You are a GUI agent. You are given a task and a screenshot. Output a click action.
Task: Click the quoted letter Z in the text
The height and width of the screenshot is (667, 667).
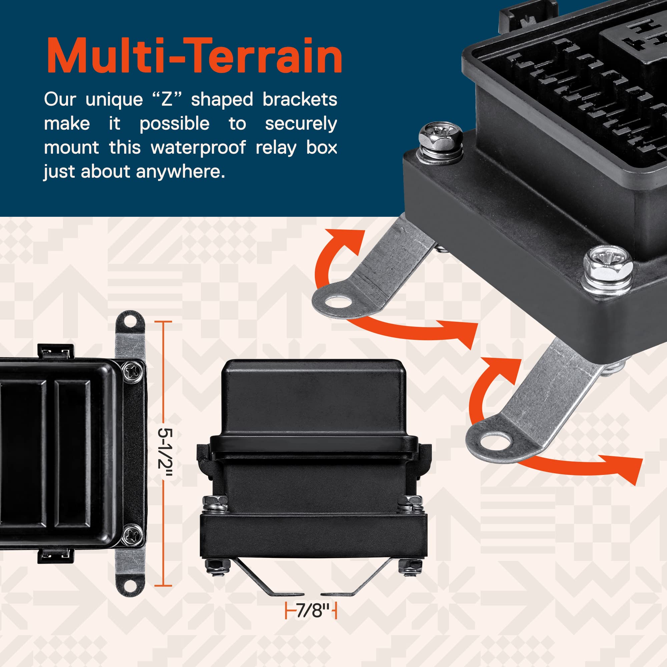tap(167, 99)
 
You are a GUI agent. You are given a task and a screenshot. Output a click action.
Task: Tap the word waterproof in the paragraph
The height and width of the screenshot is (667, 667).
tap(198, 147)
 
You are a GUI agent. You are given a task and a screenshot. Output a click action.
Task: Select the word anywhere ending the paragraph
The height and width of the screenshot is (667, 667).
tap(180, 171)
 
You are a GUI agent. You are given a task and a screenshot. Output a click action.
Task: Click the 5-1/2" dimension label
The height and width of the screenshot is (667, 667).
tap(165, 453)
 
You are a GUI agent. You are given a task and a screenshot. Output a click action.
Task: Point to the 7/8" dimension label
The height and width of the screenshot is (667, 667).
tap(310, 611)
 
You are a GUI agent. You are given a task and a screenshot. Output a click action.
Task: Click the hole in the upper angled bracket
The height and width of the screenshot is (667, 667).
tap(338, 301)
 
